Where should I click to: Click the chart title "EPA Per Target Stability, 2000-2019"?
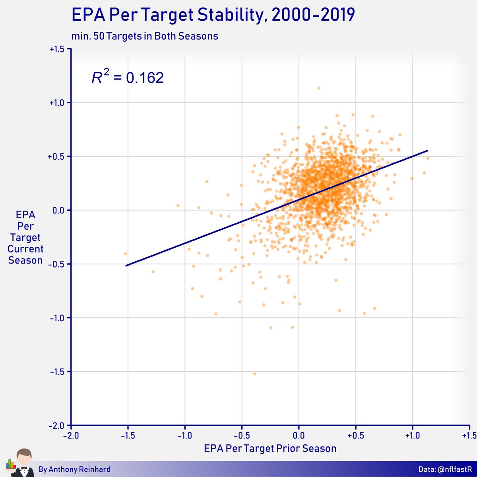pyautogui.click(x=213, y=16)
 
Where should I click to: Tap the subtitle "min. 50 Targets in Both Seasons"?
pyautogui.click(x=145, y=36)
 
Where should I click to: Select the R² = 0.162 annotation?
pyautogui.click(x=128, y=77)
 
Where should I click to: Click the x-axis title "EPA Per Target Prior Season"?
pyautogui.click(x=270, y=448)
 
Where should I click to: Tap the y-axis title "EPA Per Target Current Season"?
pyautogui.click(x=25, y=238)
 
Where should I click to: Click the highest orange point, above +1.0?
pyautogui.click(x=319, y=88)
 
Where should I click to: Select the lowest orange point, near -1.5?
pyautogui.click(x=255, y=374)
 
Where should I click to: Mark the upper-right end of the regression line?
pyautogui.click(x=427, y=151)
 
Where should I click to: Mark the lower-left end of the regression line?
pyautogui.click(x=126, y=265)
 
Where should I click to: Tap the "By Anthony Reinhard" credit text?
pyautogui.click(x=74, y=469)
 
